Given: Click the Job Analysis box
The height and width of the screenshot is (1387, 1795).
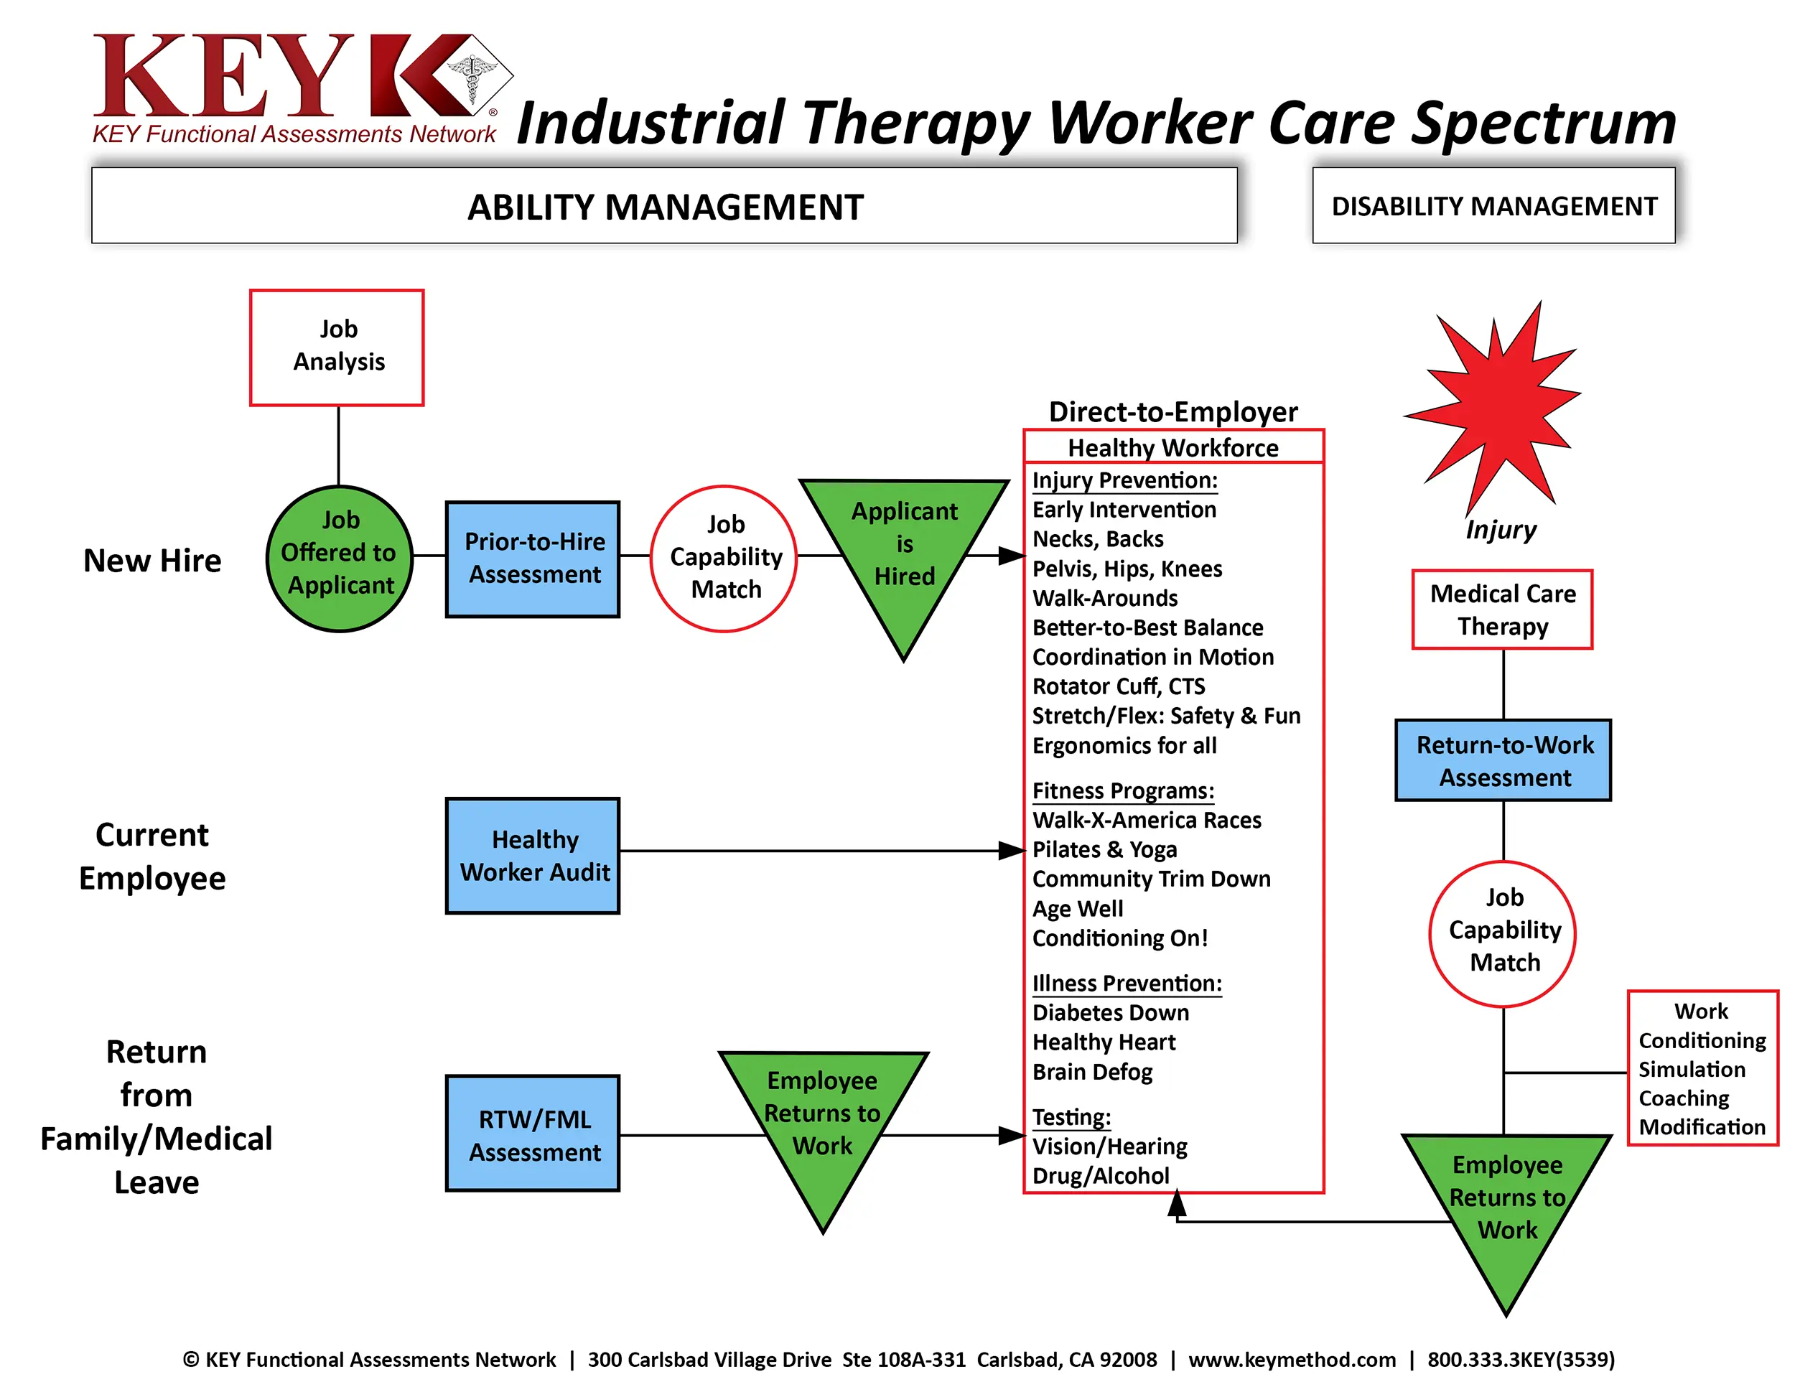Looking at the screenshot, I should point(337,347).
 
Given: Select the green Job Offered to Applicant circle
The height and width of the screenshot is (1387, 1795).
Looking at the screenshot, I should point(340,559).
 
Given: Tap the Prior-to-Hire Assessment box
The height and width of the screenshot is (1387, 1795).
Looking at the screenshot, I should point(533,559).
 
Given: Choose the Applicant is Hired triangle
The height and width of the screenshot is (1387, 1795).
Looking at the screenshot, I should point(904,551).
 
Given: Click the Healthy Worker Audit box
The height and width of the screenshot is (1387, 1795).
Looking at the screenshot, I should point(533,855).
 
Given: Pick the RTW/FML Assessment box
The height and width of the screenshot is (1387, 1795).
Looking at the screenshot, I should point(533,1133).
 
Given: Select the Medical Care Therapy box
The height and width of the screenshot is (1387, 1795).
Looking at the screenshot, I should point(1502,610).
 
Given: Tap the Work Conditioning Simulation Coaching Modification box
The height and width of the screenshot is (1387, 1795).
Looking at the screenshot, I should point(1702,1068).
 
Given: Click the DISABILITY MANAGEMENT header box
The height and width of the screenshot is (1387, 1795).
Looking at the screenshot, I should point(1493,205).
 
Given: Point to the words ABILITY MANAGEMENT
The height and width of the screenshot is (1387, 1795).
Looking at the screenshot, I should point(665,207).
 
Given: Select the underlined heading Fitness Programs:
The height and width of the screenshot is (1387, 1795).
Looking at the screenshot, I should point(1123,790).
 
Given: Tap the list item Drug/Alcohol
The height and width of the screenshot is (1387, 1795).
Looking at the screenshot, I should point(1101,1176).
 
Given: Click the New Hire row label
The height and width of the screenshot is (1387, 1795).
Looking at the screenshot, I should point(152,561).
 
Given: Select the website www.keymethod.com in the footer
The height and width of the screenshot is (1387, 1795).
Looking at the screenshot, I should point(1292,1360).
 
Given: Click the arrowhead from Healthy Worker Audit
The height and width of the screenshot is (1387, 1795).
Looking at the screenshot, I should point(1012,851).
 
